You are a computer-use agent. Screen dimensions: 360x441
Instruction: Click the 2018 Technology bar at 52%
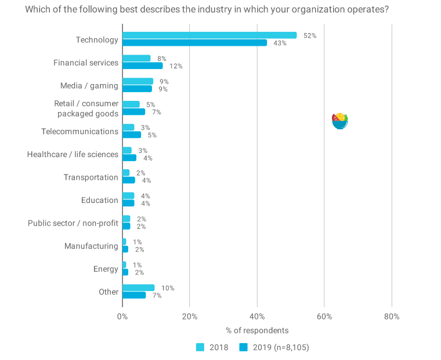click(209, 35)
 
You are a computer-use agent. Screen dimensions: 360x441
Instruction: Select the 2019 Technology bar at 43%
click(194, 43)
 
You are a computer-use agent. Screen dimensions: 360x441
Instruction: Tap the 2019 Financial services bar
click(143, 66)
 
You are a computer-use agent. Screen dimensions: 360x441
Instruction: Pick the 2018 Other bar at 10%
click(139, 288)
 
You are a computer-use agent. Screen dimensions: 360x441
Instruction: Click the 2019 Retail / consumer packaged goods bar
click(134, 112)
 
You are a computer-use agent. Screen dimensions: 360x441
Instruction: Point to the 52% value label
click(310, 35)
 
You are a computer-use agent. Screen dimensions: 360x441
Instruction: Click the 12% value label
click(176, 66)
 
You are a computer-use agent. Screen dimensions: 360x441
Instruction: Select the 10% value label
click(168, 288)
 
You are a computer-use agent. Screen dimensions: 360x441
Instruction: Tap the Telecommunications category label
click(79, 132)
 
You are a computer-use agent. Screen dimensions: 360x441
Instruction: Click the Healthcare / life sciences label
click(73, 154)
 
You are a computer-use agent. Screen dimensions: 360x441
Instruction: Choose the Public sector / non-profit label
click(73, 223)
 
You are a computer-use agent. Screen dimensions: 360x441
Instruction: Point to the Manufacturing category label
click(91, 246)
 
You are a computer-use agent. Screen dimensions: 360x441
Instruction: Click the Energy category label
click(106, 269)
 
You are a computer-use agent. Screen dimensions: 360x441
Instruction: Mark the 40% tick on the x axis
click(257, 317)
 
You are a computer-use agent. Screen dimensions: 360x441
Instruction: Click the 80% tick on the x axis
click(392, 317)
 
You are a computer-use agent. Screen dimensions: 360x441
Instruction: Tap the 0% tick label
click(122, 317)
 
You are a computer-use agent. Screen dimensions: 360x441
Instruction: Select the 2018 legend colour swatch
click(200, 347)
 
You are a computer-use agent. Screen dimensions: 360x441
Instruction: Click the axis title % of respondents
click(257, 330)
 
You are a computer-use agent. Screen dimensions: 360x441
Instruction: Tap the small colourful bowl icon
click(339, 121)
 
